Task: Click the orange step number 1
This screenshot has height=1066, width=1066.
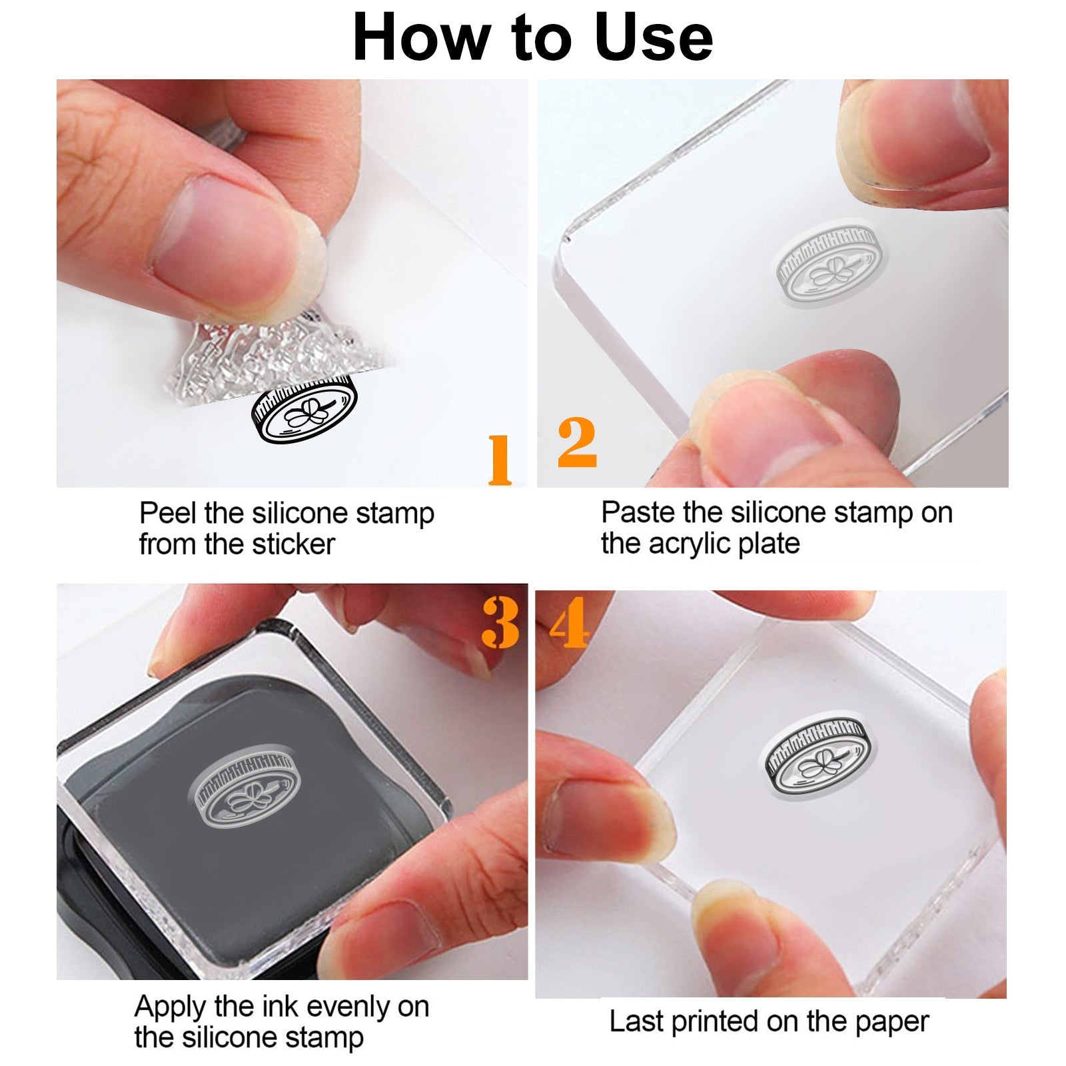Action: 500,459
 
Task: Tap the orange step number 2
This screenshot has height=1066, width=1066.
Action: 577,442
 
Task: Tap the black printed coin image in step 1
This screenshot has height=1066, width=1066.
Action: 304,408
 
